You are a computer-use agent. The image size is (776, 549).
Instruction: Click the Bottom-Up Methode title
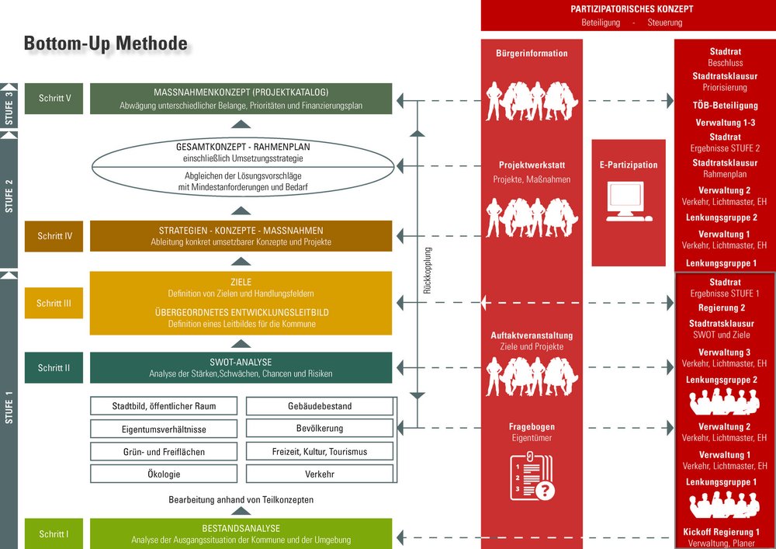[x=106, y=44]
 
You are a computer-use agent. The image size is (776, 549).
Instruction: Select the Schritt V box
[x=54, y=99]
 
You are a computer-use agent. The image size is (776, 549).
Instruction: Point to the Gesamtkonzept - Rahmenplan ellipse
[x=244, y=166]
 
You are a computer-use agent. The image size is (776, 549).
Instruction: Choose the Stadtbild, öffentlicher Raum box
[x=164, y=406]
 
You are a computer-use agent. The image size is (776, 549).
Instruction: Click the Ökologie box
[x=164, y=474]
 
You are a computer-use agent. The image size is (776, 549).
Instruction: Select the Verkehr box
[x=320, y=474]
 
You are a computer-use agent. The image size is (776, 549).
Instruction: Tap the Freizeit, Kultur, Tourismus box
[x=320, y=451]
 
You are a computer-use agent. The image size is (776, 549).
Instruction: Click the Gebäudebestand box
[x=320, y=406]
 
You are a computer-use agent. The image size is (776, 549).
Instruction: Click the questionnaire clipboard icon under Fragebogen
[x=532, y=475]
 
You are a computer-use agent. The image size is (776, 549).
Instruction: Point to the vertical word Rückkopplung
[x=428, y=270]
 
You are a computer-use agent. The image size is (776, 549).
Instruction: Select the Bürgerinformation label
[x=532, y=54]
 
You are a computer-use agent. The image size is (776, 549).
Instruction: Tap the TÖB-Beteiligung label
[x=725, y=105]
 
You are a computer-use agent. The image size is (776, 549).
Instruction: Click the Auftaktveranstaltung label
[x=532, y=335]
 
